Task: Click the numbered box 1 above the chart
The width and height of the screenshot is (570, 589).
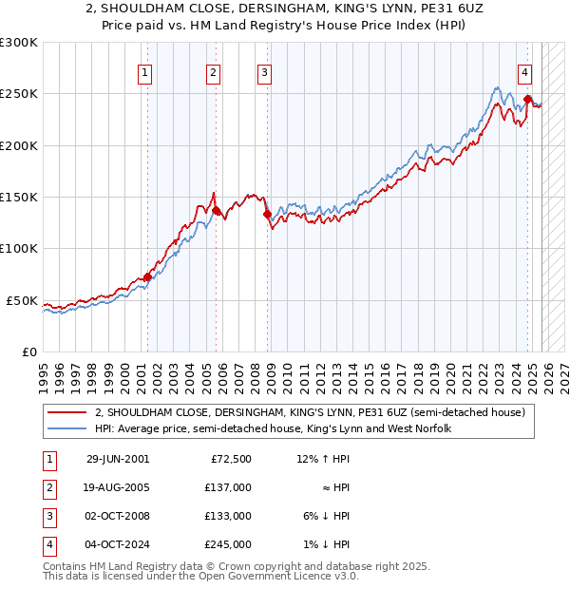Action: [145, 72]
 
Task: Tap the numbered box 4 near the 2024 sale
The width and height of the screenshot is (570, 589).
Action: [524, 72]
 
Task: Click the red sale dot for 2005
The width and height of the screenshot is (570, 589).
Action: [217, 210]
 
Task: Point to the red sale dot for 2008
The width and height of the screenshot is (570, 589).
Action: [267, 214]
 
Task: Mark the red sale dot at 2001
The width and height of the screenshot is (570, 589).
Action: [147, 276]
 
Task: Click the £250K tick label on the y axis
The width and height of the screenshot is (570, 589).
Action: [19, 94]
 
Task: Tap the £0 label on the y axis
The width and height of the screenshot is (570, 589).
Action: [28, 351]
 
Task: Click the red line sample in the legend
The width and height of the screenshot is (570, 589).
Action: [66, 412]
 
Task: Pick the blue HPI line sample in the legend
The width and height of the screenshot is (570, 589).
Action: [66, 429]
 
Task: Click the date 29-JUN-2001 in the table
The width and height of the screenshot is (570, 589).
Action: [118, 459]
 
